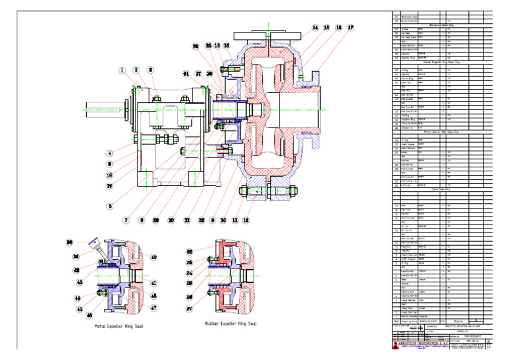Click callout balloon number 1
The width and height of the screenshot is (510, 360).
click(122, 70)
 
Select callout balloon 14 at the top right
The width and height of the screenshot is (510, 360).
click(315, 28)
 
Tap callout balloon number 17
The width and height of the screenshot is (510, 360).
click(350, 28)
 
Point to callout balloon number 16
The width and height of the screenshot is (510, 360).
click(338, 28)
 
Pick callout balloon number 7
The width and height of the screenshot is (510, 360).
click(125, 220)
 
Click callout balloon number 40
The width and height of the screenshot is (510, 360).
click(153, 257)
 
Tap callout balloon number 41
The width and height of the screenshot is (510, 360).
click(153, 283)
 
